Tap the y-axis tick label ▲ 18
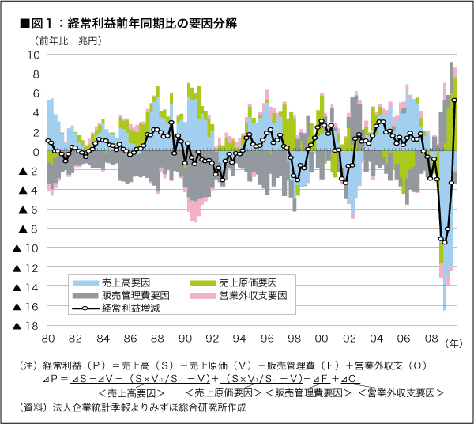(x=27, y=326)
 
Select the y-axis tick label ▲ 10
(x=27, y=248)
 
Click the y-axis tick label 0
(x=36, y=152)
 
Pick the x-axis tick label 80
(x=47, y=339)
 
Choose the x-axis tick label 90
(x=185, y=339)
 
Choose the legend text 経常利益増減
(x=132, y=309)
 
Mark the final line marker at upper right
(x=454, y=100)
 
